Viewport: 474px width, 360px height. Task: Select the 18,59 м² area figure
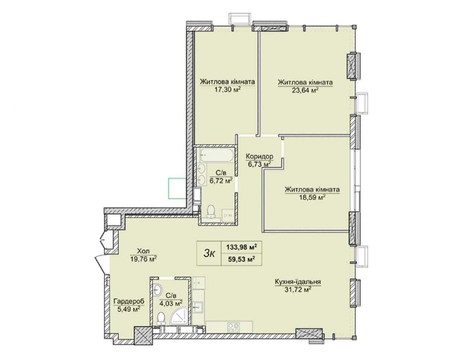click(x=312, y=197)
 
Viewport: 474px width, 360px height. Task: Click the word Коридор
click(x=259, y=156)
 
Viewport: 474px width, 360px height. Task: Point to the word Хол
click(x=143, y=251)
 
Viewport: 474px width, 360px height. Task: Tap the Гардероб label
click(x=129, y=301)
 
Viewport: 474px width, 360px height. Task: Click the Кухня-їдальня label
click(x=298, y=282)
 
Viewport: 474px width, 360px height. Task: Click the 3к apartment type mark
click(x=209, y=254)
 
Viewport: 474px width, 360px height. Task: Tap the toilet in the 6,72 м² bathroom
click(x=212, y=211)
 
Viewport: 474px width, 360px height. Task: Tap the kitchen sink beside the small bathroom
click(x=199, y=307)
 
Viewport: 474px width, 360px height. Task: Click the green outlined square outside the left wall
click(x=177, y=189)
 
